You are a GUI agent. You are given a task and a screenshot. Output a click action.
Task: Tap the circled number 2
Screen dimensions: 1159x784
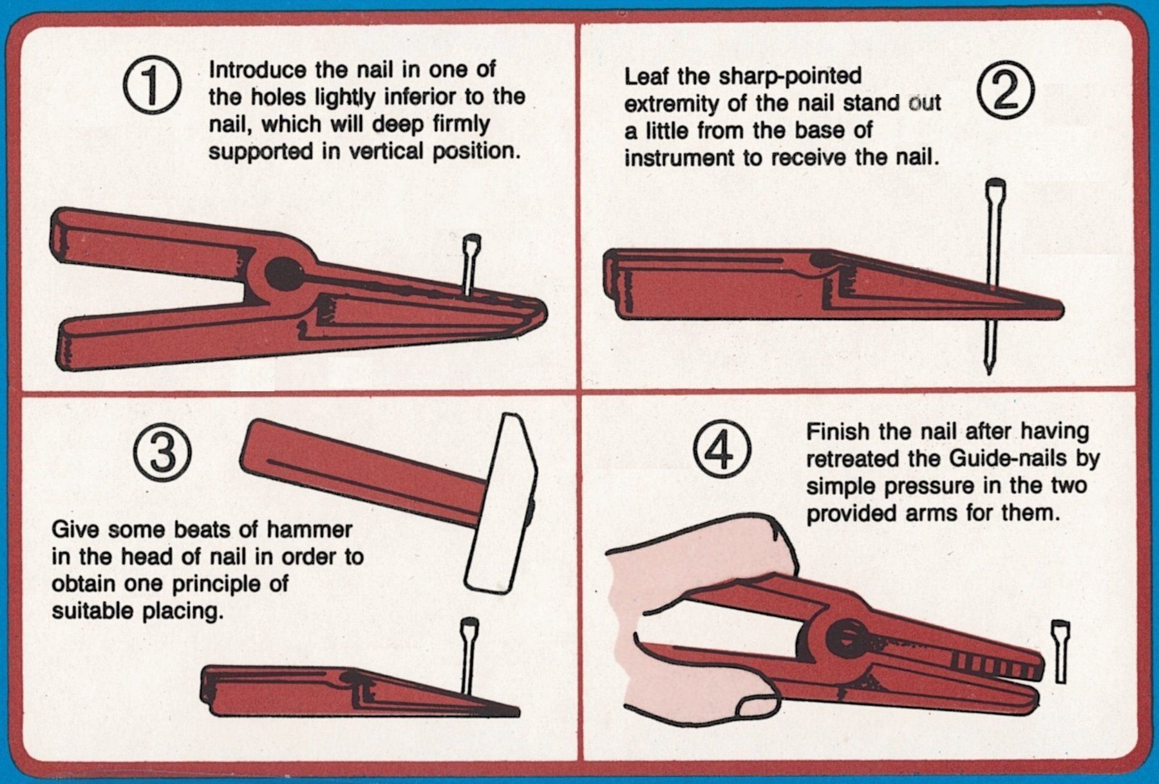click(x=1005, y=91)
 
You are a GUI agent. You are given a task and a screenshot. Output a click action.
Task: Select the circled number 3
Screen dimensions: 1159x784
click(x=162, y=453)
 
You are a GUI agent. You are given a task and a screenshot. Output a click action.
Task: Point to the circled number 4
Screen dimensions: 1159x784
click(x=721, y=450)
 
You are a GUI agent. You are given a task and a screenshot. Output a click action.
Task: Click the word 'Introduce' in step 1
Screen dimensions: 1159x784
click(x=258, y=70)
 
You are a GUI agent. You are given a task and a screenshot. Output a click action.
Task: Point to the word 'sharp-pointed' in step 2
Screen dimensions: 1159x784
click(x=790, y=77)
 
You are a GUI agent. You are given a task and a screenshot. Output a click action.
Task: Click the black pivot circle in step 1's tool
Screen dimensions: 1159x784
click(x=284, y=274)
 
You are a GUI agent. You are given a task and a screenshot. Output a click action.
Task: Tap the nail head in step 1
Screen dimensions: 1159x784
click(x=472, y=243)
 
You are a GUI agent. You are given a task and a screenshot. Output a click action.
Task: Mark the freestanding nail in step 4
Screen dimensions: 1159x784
click(x=1060, y=651)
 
